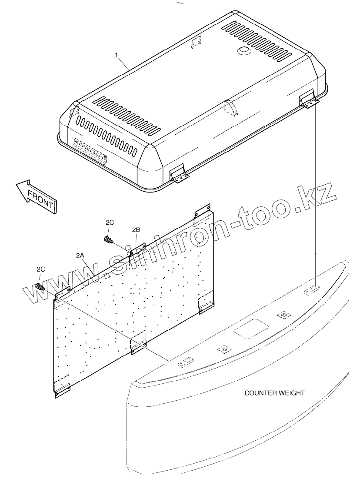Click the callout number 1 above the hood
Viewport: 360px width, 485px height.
[117, 55]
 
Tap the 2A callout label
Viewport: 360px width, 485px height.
[80, 256]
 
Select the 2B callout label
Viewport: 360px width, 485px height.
[136, 229]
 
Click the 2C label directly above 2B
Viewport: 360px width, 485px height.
[110, 222]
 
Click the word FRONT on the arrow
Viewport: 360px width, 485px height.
[40, 198]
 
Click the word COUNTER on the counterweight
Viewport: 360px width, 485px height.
[260, 393]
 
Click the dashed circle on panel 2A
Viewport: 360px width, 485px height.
[199, 238]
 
